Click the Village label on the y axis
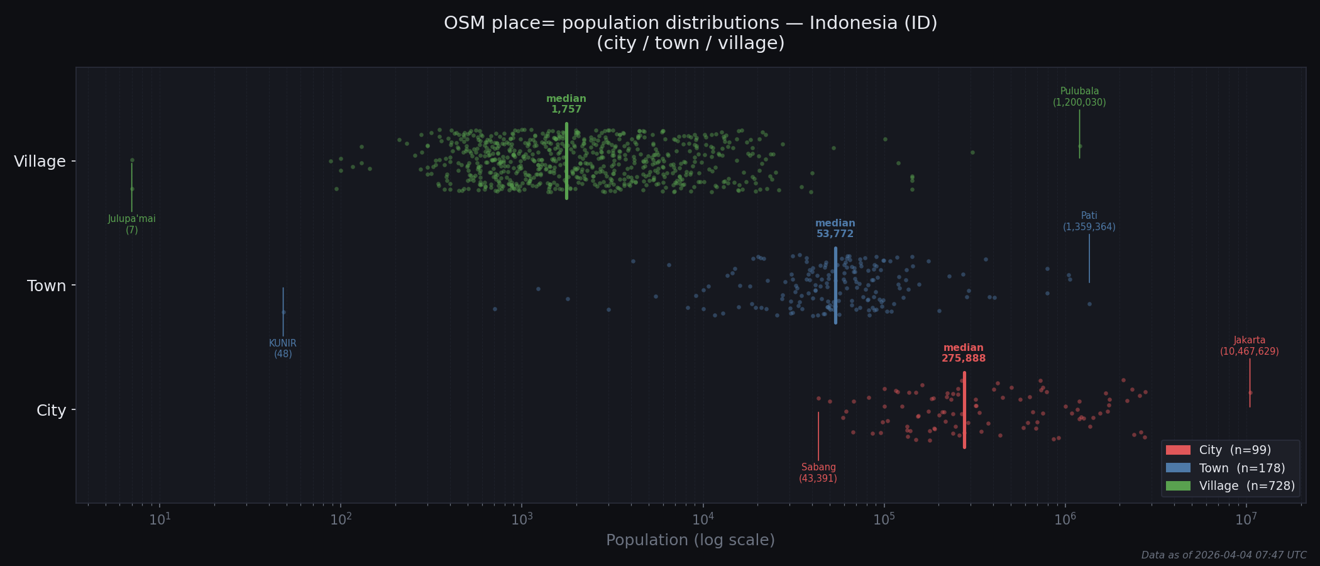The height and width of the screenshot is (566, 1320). [x=40, y=162]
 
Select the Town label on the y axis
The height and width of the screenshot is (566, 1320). [x=47, y=286]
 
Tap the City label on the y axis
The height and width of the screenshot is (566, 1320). [x=51, y=411]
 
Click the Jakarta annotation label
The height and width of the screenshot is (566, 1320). [x=1249, y=346]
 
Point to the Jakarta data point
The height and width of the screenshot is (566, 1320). [x=1250, y=393]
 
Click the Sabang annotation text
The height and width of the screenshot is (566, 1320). [x=818, y=473]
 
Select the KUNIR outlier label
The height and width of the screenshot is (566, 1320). [x=283, y=348]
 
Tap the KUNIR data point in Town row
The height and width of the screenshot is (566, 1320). [x=283, y=312]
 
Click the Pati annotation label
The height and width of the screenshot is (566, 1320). [x=1089, y=221]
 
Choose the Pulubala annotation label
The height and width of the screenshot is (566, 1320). [x=1079, y=97]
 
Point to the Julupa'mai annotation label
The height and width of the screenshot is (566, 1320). [x=131, y=225]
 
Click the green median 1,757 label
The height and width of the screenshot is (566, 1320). [x=566, y=104]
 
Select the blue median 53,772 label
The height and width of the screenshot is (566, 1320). [x=835, y=229]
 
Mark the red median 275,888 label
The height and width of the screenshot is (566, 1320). [x=963, y=353]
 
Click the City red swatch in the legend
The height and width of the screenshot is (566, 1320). [x=1177, y=450]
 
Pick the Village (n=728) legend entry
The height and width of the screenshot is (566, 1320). [x=1229, y=486]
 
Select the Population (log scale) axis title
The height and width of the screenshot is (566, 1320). [x=690, y=540]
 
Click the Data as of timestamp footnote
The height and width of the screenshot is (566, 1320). [x=1223, y=555]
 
